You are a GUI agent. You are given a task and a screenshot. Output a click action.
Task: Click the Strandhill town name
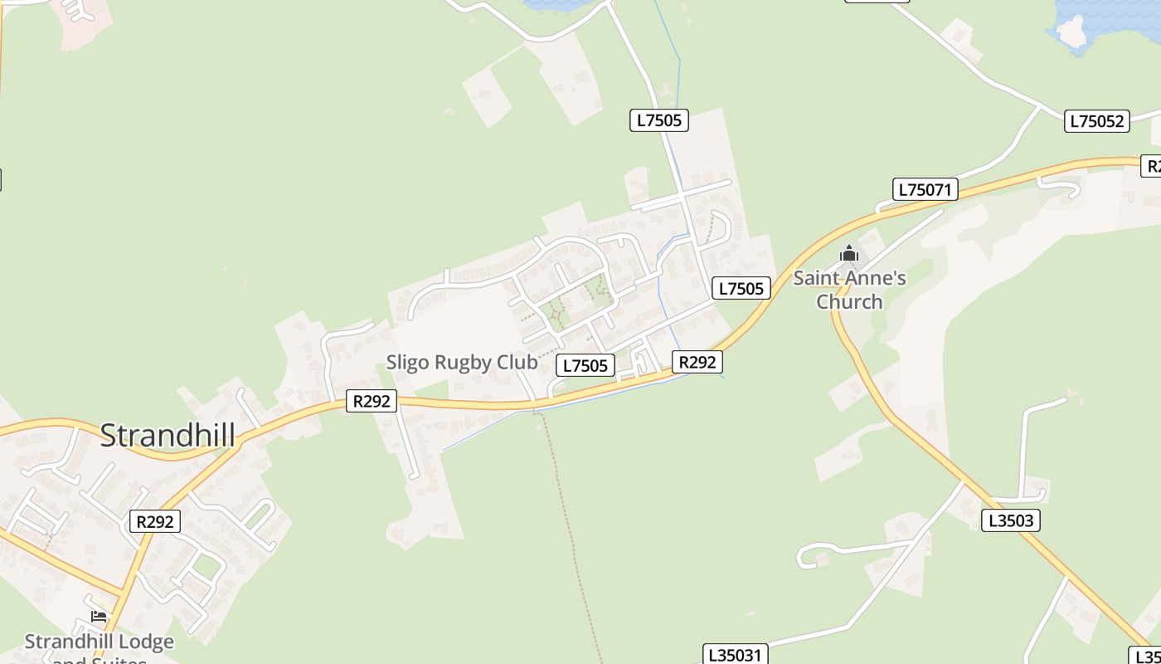(x=168, y=436)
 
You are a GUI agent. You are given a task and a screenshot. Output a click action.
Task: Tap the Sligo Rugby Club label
(x=462, y=363)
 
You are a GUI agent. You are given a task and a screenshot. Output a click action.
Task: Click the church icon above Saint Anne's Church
(x=848, y=253)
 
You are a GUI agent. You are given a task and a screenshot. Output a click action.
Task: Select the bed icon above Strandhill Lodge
(x=99, y=617)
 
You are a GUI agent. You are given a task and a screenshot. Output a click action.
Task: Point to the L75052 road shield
(x=1097, y=121)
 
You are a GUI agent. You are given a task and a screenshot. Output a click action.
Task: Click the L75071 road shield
(x=925, y=189)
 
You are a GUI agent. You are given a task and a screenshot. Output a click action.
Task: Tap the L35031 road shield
(x=735, y=654)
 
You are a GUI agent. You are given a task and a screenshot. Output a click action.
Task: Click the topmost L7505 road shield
(x=658, y=120)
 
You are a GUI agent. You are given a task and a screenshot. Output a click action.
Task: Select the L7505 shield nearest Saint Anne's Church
(x=741, y=288)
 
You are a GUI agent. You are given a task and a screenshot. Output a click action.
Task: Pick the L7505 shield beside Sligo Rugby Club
(x=585, y=365)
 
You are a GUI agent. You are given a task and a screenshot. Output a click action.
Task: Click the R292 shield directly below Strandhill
(x=155, y=521)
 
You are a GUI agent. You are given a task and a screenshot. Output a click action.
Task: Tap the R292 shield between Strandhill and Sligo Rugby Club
(x=372, y=402)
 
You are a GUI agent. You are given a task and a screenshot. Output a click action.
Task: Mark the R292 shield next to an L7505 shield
(x=697, y=362)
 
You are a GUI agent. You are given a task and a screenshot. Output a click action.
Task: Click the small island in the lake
(x=1071, y=32)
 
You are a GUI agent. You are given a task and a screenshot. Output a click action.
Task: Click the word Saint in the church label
(x=815, y=278)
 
